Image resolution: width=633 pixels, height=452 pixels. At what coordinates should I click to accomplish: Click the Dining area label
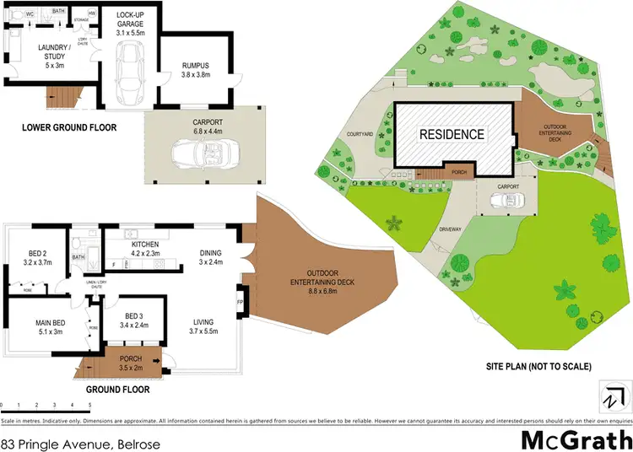tap(210, 257)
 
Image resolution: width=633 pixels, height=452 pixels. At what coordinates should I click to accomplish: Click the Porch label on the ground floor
tap(131, 363)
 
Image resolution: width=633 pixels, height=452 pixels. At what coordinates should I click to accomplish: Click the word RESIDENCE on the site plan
tap(453, 134)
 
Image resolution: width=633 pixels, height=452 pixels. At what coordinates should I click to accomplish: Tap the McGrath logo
tap(574, 439)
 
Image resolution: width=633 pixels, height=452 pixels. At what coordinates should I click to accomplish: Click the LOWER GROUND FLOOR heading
tap(70, 128)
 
